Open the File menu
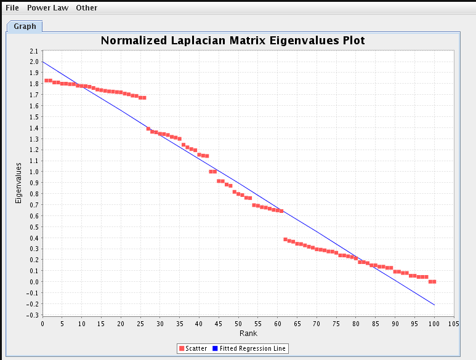tap(12, 8)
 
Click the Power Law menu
tap(47, 8)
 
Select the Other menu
tap(86, 8)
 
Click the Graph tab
tap(25, 26)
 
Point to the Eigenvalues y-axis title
tap(18, 183)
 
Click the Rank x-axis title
tap(248, 334)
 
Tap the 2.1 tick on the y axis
tap(33, 51)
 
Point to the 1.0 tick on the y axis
tap(33, 172)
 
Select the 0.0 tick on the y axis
tap(33, 282)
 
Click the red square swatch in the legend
tap(181, 348)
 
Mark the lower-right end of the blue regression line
tap(434, 305)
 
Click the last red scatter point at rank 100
tap(434, 281)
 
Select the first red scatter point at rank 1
tap(46, 81)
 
